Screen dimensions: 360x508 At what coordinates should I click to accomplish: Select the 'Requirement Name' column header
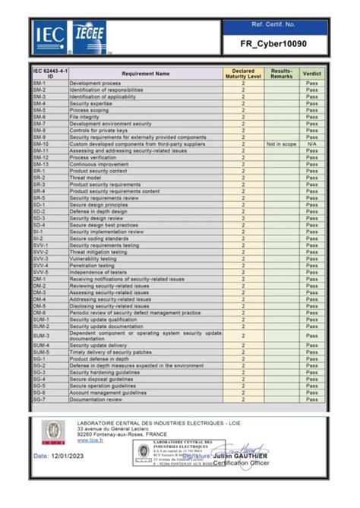(145, 74)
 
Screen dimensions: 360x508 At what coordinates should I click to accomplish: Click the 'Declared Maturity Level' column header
(243, 74)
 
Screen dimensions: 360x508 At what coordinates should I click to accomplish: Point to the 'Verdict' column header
(311, 74)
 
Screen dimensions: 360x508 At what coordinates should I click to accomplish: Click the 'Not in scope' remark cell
(281, 144)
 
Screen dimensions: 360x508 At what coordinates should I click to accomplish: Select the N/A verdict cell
(311, 144)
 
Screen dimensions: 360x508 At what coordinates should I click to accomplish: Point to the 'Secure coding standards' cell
(98, 238)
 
